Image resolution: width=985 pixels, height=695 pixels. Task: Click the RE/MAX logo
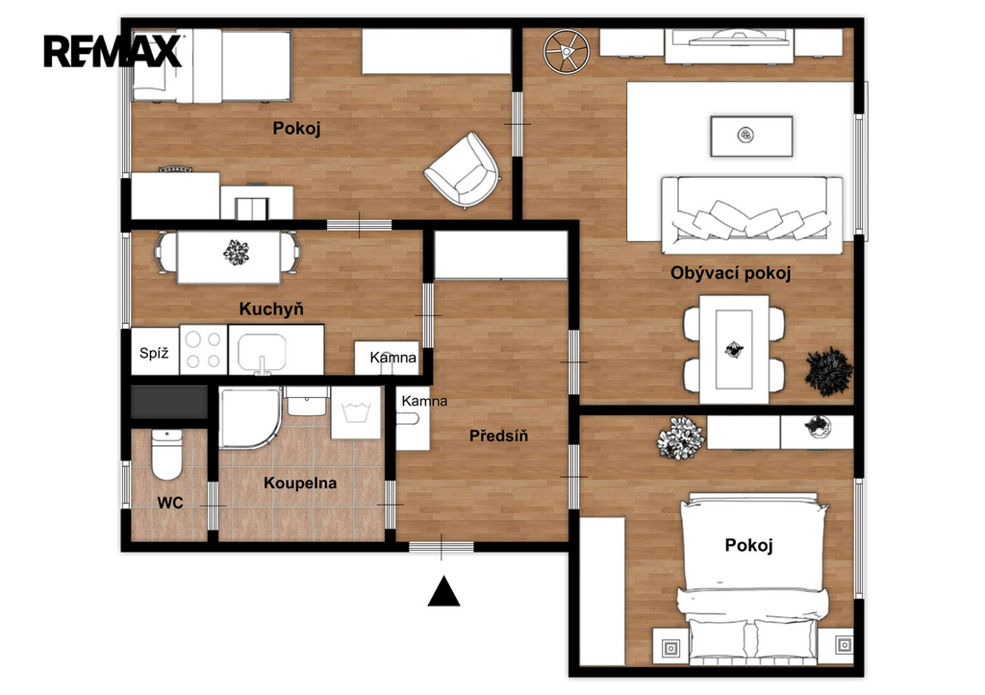tap(113, 51)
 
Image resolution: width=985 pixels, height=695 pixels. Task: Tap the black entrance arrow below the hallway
tap(443, 591)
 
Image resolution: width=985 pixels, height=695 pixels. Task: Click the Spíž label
tap(154, 353)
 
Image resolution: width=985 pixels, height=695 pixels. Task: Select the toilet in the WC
tap(166, 454)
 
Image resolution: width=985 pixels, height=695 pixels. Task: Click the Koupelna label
tap(300, 483)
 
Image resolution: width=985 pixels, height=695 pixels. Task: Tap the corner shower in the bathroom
tap(249, 417)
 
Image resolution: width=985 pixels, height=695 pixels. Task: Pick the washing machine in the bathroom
tap(356, 412)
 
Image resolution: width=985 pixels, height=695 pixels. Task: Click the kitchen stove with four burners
tap(204, 350)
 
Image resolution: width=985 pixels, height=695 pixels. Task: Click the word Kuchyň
tap(271, 309)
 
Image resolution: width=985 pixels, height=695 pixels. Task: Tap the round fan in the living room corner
tap(566, 52)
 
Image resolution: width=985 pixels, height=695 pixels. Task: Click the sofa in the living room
tap(752, 214)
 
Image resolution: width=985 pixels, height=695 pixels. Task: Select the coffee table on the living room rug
tap(751, 136)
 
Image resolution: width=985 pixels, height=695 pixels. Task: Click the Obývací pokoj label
tap(731, 273)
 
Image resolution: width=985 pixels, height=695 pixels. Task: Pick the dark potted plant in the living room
tap(828, 372)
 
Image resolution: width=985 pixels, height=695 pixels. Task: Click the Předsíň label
tap(499, 435)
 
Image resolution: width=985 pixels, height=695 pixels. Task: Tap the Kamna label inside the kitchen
tap(393, 358)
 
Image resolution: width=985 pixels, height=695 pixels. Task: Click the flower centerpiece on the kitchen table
tap(236, 253)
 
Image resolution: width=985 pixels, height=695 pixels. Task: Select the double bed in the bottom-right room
tap(752, 579)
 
